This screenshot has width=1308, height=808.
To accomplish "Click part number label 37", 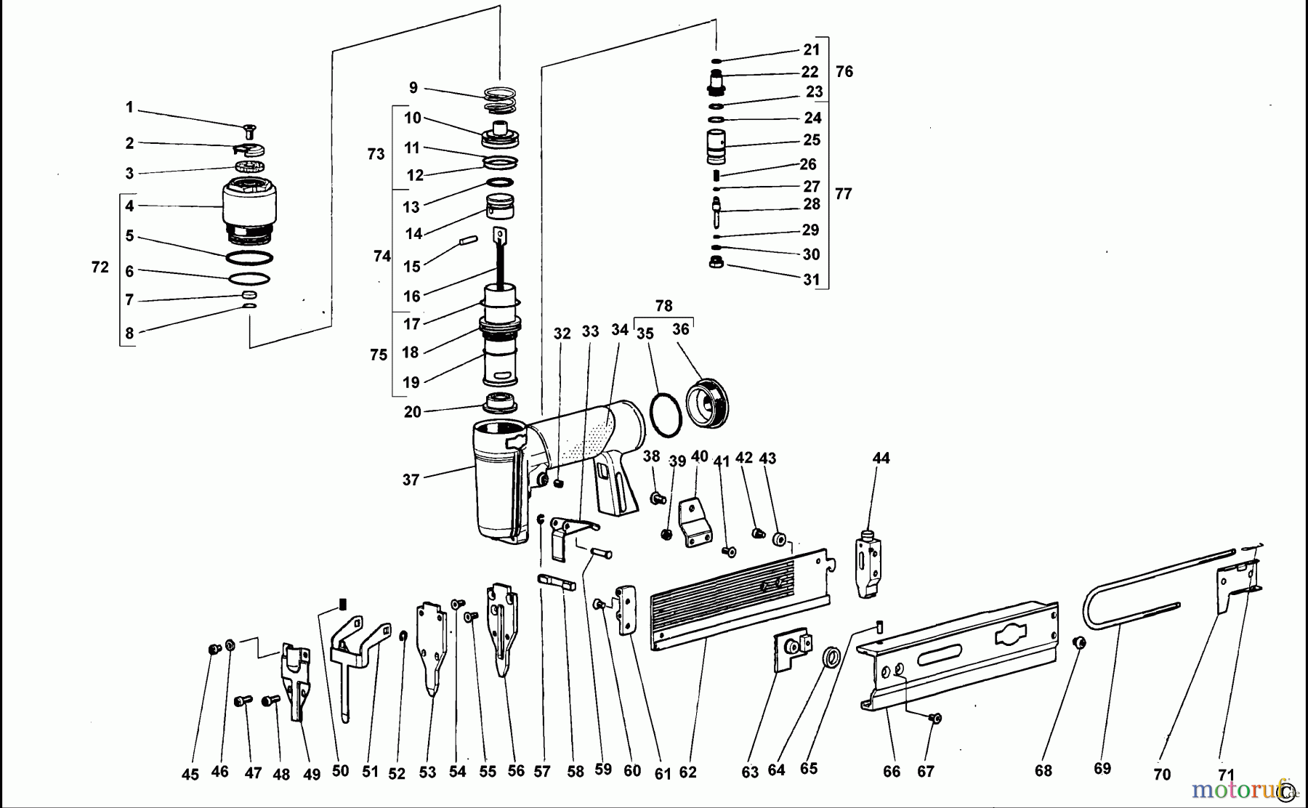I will pos(411,480).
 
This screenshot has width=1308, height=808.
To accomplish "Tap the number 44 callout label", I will pos(881,458).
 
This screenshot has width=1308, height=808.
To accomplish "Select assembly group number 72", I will pos(100,267).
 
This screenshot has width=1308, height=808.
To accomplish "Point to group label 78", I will pos(663,306).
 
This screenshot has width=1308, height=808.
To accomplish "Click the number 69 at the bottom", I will pos(1102,769).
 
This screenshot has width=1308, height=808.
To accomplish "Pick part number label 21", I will pos(812,49).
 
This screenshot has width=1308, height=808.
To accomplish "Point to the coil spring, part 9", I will pos(500,100).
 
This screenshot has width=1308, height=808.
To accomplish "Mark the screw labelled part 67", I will pos(935,719).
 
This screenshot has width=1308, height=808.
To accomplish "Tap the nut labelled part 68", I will pos(1080,642).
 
